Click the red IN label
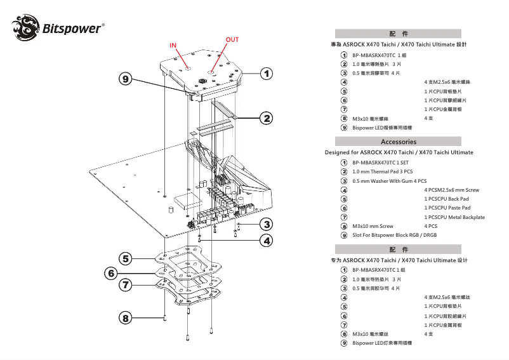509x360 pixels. pos(173,46)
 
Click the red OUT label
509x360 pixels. pos(232,39)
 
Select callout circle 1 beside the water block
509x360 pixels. pos(267,73)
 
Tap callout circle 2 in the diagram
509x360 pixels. pos(267,117)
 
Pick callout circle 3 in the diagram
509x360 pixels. pos(267,224)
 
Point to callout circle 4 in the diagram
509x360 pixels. pos(267,241)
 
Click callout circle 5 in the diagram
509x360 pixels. pos(126,258)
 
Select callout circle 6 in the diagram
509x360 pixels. pos(112,273)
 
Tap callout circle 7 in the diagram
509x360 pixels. pos(126,285)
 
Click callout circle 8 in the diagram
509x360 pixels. pos(126,317)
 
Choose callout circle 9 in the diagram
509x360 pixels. pos(126,79)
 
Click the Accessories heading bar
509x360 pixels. pos(398,142)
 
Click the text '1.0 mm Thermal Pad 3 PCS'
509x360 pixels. pos(382,171)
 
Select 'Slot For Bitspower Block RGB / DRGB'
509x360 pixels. pos(394,235)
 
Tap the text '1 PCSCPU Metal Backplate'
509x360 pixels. pos(454,217)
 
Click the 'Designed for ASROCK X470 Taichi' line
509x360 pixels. pos(399,152)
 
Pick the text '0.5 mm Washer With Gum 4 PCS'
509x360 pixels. pos(389,181)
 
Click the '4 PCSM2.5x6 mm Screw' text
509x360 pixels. pos(451,190)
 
